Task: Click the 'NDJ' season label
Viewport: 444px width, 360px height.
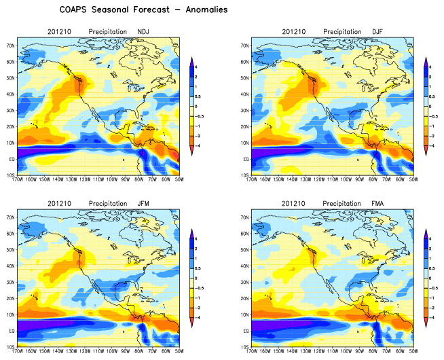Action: coord(144,32)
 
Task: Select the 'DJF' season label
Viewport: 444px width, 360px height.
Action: coord(378,32)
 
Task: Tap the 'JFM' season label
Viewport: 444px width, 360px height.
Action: coord(144,203)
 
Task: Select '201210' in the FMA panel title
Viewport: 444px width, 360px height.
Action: coord(295,203)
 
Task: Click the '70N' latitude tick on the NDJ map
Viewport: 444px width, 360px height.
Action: coord(11,45)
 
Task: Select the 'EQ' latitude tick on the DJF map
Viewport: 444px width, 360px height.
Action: coord(244,159)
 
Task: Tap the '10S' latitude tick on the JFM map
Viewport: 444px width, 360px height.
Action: coord(11,346)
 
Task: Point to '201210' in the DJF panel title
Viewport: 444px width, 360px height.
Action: coord(295,32)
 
